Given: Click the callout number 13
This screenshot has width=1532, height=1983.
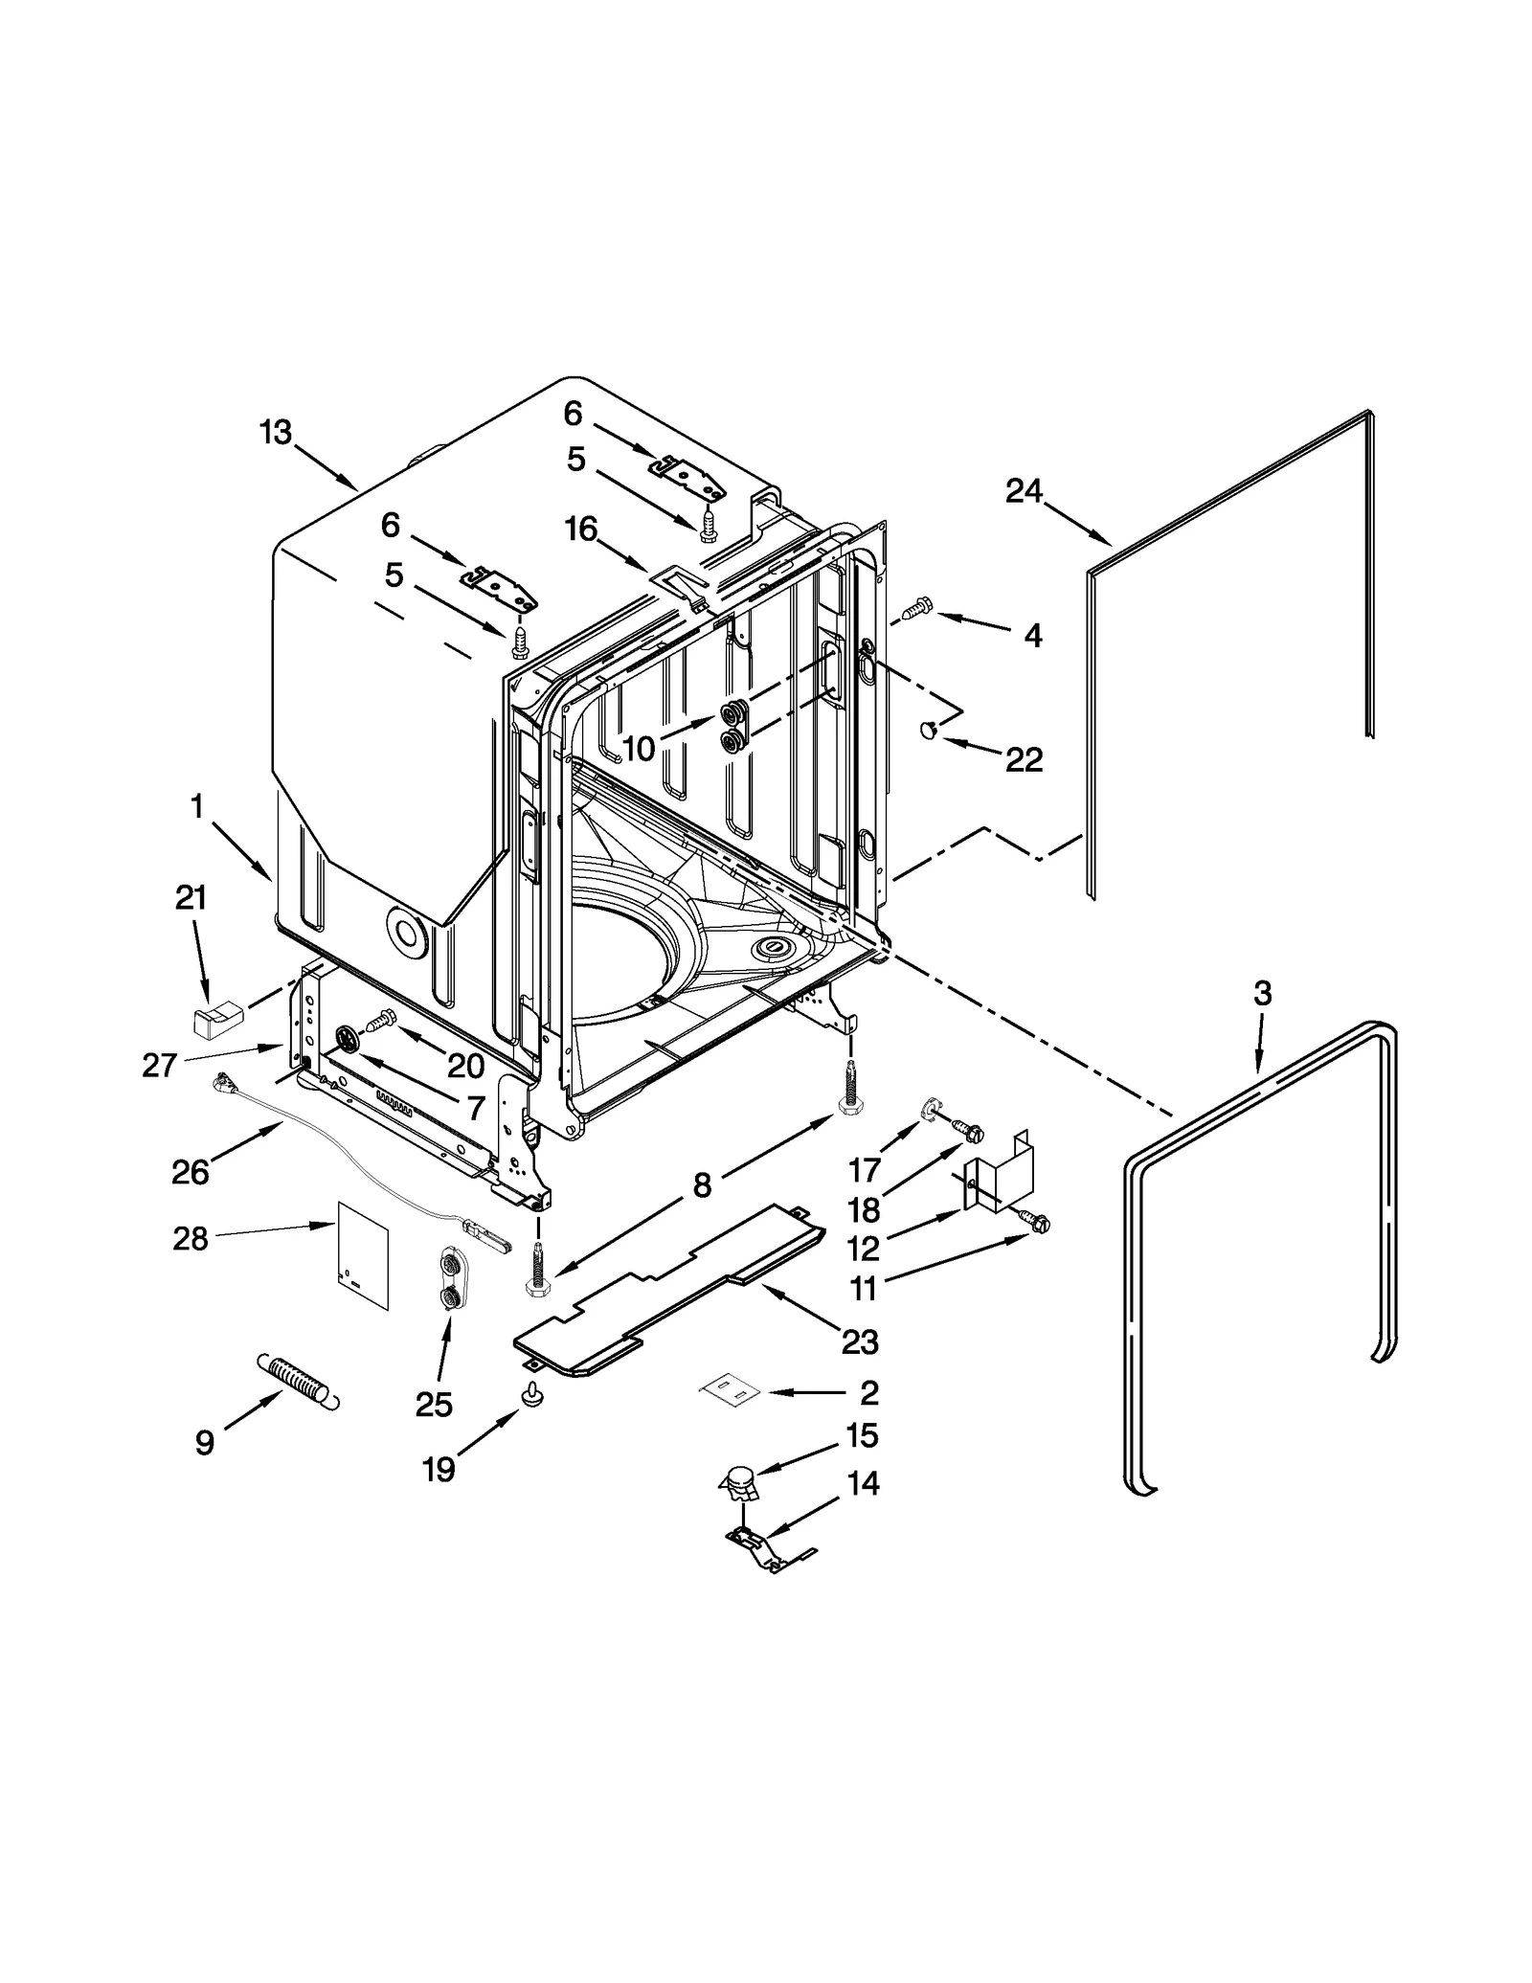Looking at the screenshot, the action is [275, 433].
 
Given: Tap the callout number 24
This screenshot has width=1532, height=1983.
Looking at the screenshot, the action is [1023, 491].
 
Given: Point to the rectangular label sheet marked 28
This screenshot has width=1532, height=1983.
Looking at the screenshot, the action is [363, 1253].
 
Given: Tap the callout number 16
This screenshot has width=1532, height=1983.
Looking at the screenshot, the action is [581, 529].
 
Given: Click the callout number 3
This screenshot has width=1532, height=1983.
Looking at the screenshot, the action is [1262, 994].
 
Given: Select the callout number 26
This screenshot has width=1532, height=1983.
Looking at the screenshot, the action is [190, 1171].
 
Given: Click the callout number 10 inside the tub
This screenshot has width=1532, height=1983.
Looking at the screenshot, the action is [639, 748].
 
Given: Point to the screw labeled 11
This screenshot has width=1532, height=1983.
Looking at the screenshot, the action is [1034, 1223].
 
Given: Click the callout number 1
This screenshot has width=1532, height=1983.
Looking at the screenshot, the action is [196, 807].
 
